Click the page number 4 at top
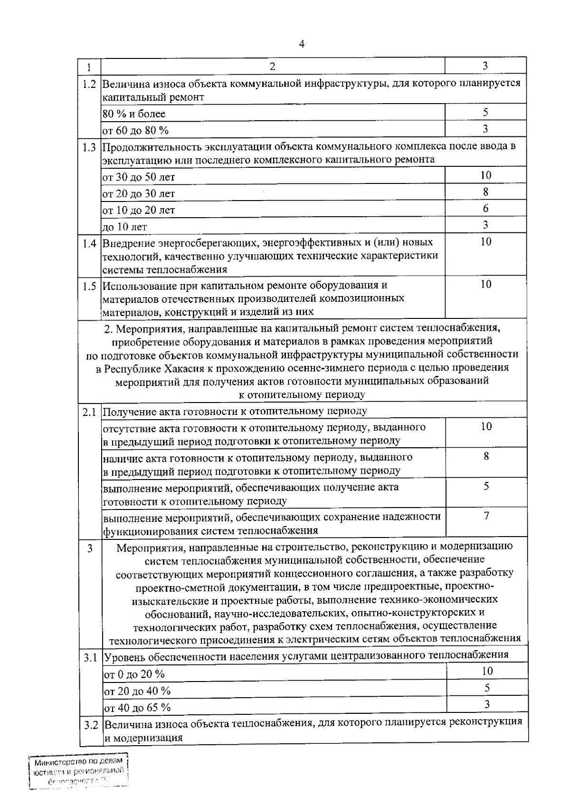[x=302, y=44]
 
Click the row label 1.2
[x=89, y=85]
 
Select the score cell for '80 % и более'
[x=485, y=113]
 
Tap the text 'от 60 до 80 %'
[x=136, y=130]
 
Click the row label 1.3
[x=89, y=147]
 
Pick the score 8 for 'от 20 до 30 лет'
[x=485, y=192]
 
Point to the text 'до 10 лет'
[x=125, y=227]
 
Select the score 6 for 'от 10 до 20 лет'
[x=485, y=209]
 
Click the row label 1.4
[x=89, y=244]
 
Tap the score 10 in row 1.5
[x=485, y=284]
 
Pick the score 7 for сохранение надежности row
[x=486, y=516]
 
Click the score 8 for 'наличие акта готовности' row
[x=486, y=456]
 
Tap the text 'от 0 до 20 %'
[x=134, y=674]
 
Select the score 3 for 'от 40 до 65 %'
[x=487, y=704]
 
